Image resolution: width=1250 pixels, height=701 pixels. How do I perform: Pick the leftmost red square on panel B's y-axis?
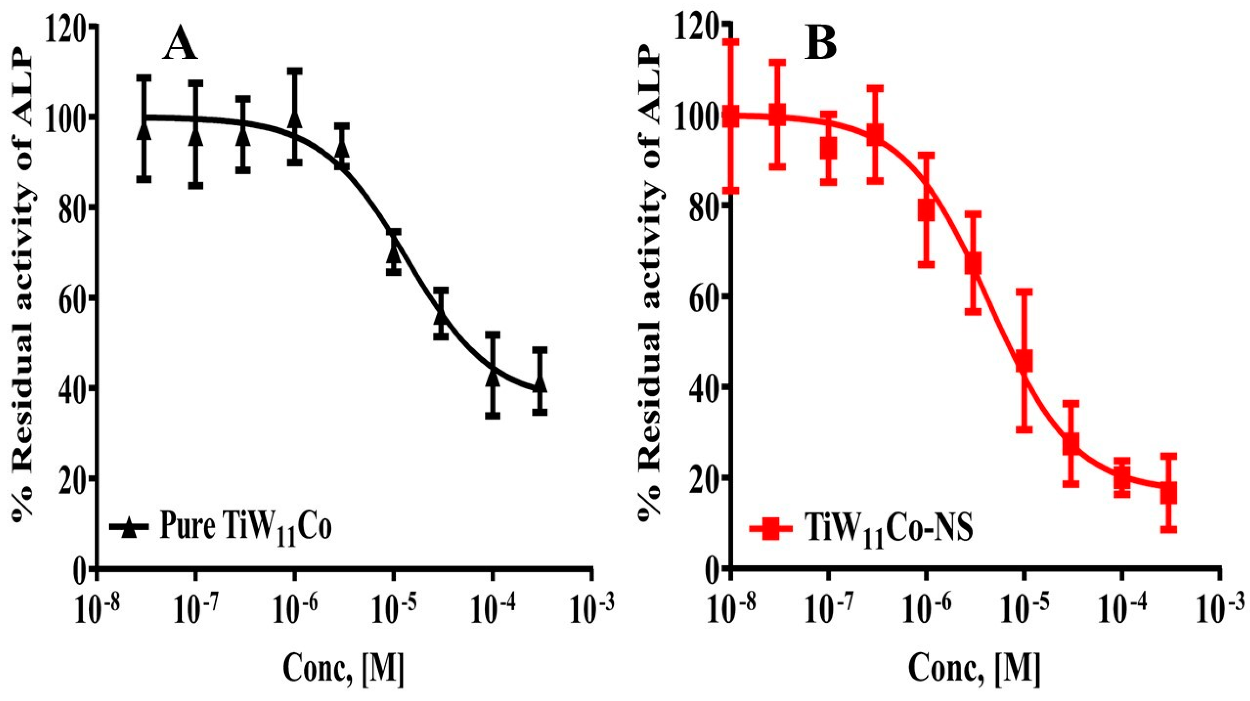point(731,117)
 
